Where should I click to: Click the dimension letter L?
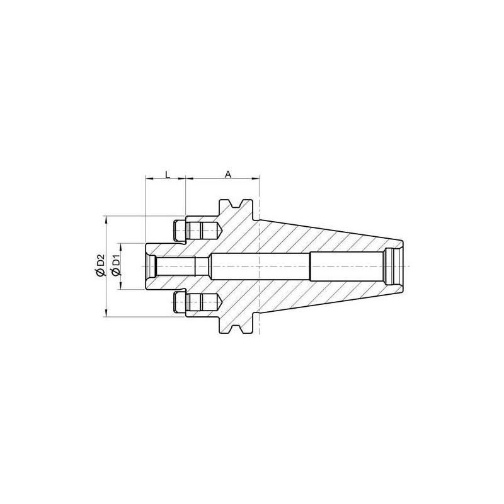(x=166, y=173)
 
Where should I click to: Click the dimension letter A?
(x=227, y=173)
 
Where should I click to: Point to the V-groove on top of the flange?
(x=238, y=204)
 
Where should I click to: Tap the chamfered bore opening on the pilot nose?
(x=151, y=266)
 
